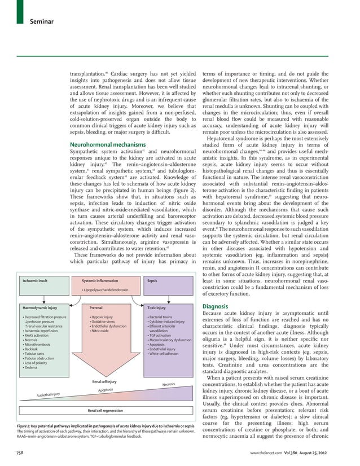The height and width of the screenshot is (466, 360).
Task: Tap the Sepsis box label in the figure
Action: pyautogui.click(x=152, y=280)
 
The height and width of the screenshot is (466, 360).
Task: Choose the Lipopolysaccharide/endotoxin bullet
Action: pyautogui.click(x=106, y=290)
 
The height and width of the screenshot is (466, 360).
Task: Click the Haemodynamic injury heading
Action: pyautogui.click(x=40, y=309)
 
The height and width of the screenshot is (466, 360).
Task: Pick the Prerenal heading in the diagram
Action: pyautogui.click(x=96, y=309)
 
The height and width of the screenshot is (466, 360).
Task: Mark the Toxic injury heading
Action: pyautogui.click(x=156, y=309)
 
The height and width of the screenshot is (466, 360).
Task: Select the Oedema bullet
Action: pyautogui.click(x=29, y=368)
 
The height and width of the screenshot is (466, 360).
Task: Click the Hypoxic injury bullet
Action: pyautogui.click(x=102, y=317)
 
